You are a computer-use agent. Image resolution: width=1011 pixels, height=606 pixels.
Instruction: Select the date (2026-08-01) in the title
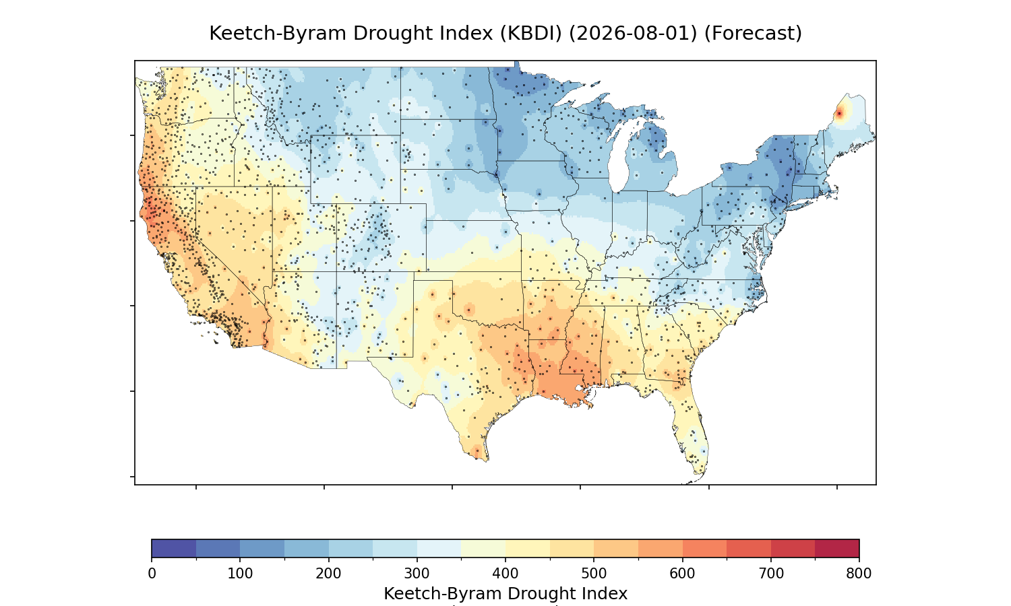click(634, 34)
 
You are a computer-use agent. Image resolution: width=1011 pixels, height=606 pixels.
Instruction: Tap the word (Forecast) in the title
click(754, 34)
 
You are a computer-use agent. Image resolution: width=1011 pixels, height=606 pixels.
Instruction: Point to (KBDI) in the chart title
click(531, 34)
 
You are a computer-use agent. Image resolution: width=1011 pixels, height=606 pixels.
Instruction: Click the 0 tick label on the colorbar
click(152, 574)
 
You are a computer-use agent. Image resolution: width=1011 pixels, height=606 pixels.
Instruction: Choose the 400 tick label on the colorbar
click(505, 574)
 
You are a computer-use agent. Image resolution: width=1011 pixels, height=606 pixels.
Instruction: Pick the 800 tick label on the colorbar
click(859, 574)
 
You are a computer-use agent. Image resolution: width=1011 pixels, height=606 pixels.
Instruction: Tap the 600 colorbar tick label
click(682, 574)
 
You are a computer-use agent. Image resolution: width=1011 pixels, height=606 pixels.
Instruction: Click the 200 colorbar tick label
click(329, 574)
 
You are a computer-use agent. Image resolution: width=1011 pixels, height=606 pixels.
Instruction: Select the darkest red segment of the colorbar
click(837, 548)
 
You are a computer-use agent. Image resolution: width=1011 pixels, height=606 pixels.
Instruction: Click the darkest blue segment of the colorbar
click(174, 548)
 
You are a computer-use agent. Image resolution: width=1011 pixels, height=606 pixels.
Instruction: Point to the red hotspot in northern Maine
click(839, 114)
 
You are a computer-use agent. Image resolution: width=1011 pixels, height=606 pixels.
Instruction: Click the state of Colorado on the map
click(381, 238)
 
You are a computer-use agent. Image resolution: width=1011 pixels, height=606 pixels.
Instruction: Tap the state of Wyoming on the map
click(355, 169)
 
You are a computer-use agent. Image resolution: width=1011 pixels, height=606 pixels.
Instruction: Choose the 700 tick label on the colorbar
click(770, 574)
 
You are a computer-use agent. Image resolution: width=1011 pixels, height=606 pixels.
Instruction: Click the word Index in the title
click(468, 34)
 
